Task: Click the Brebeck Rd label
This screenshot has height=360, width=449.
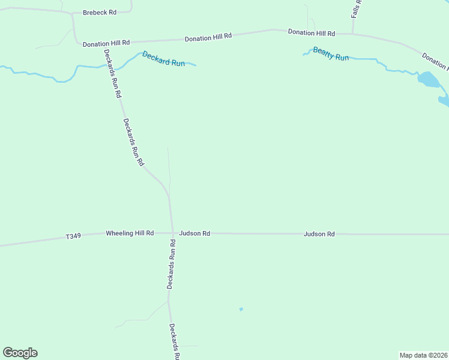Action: (99, 12)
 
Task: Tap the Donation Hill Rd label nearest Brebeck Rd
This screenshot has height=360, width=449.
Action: (106, 43)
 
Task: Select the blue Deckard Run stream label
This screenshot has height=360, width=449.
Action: (163, 58)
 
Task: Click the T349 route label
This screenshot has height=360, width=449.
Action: (73, 237)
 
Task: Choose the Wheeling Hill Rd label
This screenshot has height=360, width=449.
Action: (130, 233)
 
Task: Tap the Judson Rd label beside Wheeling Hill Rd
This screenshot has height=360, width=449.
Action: (194, 233)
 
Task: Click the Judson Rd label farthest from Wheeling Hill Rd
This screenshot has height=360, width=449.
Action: (319, 233)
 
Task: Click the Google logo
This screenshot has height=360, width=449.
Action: (20, 352)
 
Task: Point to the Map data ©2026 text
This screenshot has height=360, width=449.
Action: (423, 355)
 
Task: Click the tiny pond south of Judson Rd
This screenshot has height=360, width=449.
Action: (241, 310)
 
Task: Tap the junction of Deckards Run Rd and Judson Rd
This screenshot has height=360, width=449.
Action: (173, 233)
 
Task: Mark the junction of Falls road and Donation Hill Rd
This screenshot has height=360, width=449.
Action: (353, 34)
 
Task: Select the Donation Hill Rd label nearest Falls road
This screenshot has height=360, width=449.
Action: (311, 32)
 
